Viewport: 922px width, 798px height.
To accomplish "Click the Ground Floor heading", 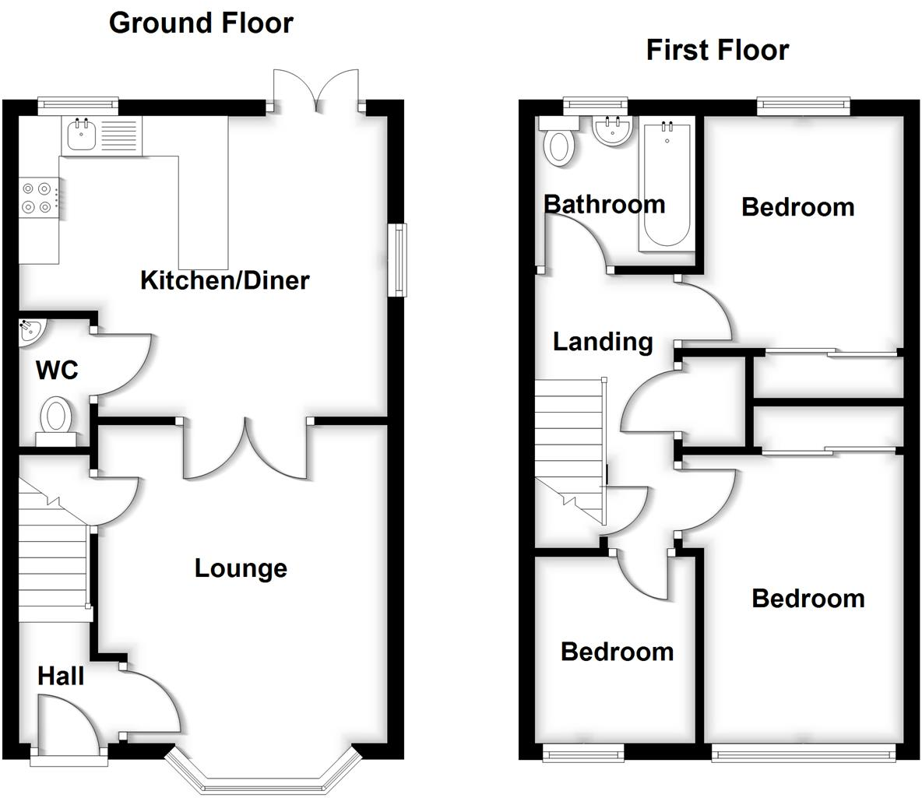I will [x=201, y=23].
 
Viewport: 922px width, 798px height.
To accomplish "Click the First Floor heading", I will [x=717, y=51].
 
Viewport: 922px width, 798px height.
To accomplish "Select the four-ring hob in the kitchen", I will [x=37, y=197].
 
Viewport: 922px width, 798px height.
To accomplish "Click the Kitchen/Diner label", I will [x=225, y=280].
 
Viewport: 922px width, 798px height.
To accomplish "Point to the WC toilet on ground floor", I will [x=56, y=417].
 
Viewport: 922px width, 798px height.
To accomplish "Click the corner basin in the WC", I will [x=30, y=330].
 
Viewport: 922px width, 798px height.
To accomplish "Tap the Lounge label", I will [x=241, y=568].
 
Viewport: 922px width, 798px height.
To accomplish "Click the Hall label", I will [x=61, y=676].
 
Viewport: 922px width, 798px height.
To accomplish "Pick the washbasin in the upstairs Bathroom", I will [x=611, y=131].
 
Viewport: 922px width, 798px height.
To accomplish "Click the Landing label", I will [x=603, y=342].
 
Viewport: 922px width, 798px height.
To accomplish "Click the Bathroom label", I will [x=604, y=205].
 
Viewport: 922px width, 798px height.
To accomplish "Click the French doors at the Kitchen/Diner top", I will [x=316, y=90].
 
